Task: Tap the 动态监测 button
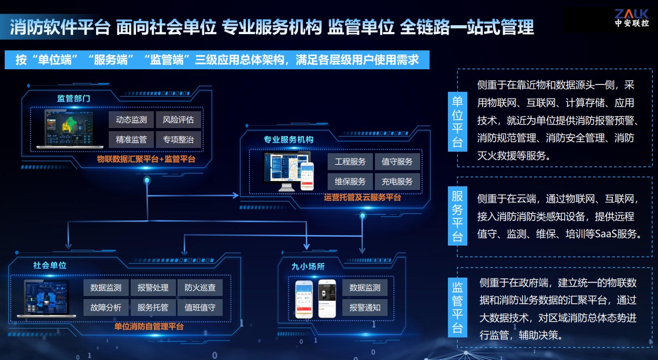[131, 120]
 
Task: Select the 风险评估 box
[178, 120]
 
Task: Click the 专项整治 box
[178, 140]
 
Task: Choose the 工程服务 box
[350, 162]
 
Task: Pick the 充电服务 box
[397, 182]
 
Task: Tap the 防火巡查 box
[200, 288]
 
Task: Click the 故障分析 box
[106, 308]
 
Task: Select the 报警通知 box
[365, 308]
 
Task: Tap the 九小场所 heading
[308, 266]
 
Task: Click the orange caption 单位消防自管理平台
[149, 326]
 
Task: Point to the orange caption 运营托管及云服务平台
[362, 198]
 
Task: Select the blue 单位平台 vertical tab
[457, 121]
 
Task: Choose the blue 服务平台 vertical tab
[457, 216]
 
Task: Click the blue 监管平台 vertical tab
[457, 308]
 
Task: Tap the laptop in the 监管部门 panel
[69, 129]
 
